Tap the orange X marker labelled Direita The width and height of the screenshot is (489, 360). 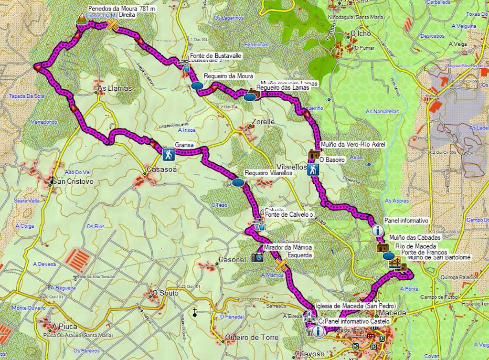[x=112, y=25]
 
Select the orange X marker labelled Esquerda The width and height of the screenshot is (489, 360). [x=281, y=265]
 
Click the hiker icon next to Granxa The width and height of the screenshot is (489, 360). [x=168, y=154]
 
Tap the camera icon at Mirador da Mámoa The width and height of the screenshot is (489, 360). [x=257, y=257]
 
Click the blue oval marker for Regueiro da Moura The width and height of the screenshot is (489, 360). [x=197, y=86]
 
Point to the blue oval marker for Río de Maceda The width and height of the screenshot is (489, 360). [x=389, y=256]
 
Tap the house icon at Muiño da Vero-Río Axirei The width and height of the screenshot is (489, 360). [x=314, y=154]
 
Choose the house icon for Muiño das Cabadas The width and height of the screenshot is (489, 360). [x=382, y=247]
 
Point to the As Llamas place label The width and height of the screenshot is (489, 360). [x=114, y=89]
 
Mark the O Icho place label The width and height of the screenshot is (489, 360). [x=361, y=34]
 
